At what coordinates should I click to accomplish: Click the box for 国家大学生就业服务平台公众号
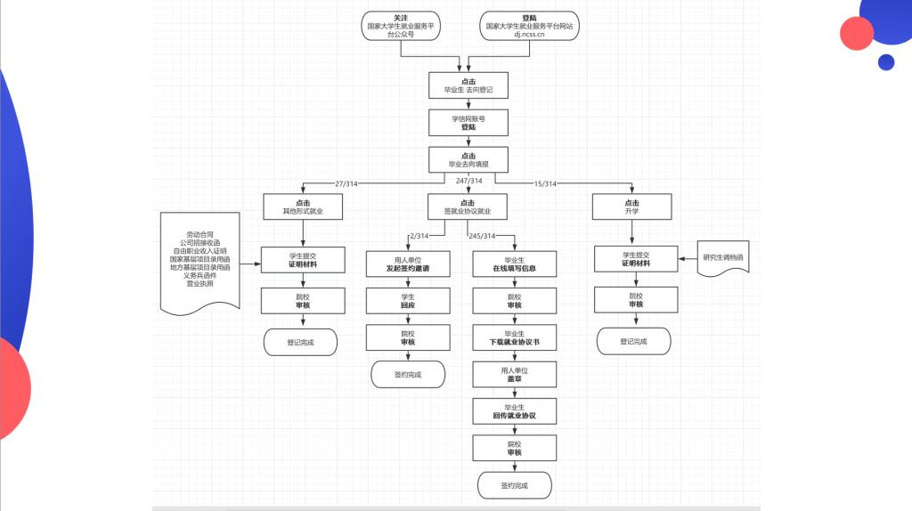point(401,26)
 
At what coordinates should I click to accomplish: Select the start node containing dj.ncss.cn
point(529,26)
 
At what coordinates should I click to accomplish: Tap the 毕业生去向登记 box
point(468,85)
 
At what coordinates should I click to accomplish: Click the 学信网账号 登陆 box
point(468,123)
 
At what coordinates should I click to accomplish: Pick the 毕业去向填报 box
point(468,160)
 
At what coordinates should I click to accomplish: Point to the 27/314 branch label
point(346,183)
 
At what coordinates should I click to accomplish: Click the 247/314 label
point(468,181)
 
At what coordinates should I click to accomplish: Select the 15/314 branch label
point(545,183)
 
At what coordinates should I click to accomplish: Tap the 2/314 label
point(419,236)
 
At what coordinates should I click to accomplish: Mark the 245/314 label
point(482,236)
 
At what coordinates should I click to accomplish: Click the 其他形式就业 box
point(303,207)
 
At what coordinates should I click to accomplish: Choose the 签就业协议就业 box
point(468,207)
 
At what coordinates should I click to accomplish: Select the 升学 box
point(631,207)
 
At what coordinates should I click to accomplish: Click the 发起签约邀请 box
point(408,264)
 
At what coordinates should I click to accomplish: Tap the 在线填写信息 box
point(515,264)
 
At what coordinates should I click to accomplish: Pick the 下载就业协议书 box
point(515,337)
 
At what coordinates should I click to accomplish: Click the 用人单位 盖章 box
point(515,375)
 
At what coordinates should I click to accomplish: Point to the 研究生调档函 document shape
point(723,257)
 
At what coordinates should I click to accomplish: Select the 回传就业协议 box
point(515,411)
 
